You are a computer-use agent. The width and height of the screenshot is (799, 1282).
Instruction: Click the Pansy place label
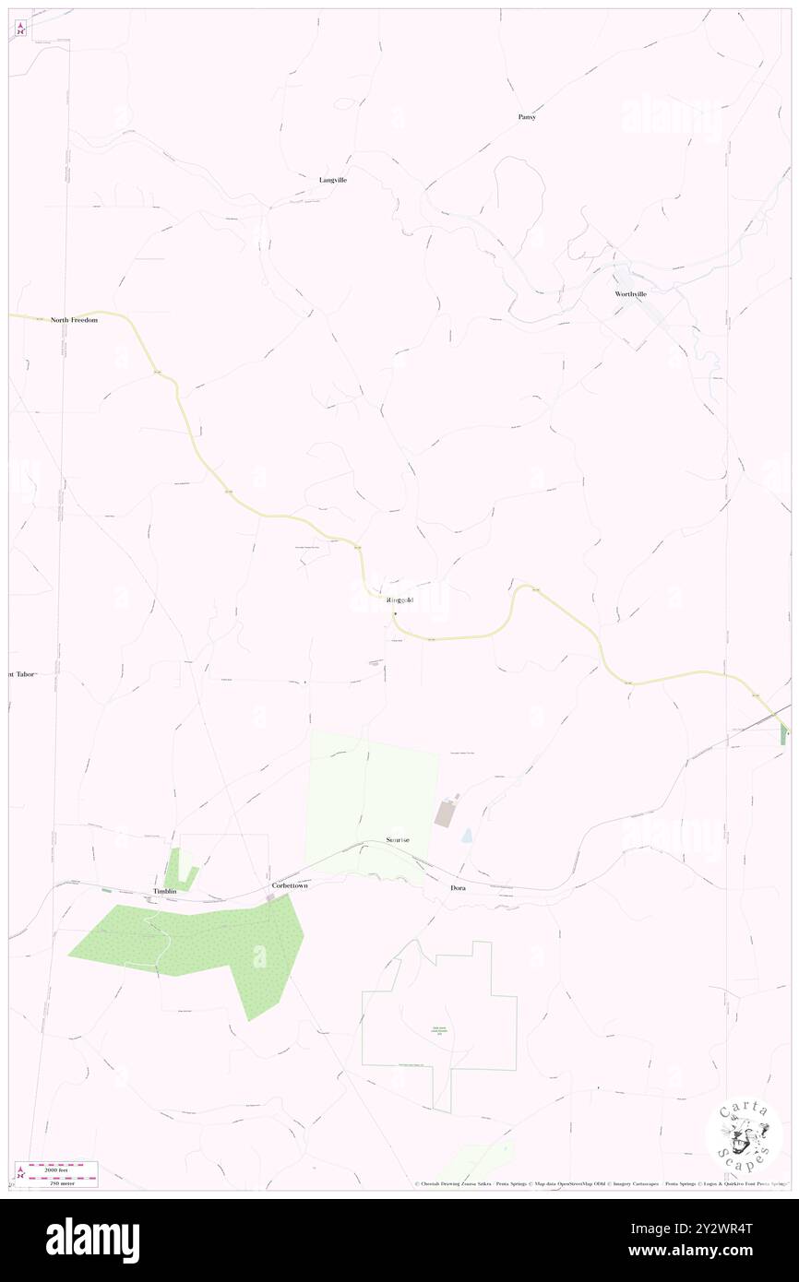pos(527,117)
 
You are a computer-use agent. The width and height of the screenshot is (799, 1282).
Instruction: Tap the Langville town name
pos(333,180)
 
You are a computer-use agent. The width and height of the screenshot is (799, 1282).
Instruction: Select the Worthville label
pos(631,293)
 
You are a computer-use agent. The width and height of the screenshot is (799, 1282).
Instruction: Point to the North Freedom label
pos(74,320)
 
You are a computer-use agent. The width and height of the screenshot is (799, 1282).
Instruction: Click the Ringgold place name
pos(400,601)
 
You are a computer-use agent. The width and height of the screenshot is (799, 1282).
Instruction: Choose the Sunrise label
pos(398,840)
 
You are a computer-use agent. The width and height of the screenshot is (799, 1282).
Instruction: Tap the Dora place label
pos(458,887)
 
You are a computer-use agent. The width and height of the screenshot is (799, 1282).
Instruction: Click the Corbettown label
pos(290,885)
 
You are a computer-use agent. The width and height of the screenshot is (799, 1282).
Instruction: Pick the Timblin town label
pos(164,892)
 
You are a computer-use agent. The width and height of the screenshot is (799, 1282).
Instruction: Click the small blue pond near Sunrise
pos(467,835)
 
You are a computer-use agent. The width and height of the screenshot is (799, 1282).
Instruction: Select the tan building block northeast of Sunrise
pos(446,813)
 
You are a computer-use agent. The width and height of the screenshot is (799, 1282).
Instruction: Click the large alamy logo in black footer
pos(92,1240)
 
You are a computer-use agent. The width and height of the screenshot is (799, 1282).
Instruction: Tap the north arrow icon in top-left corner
pos(20,29)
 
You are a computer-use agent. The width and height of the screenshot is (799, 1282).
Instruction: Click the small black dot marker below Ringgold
pos(395,613)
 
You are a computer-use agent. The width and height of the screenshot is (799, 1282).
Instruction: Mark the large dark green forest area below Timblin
pos(194,941)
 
